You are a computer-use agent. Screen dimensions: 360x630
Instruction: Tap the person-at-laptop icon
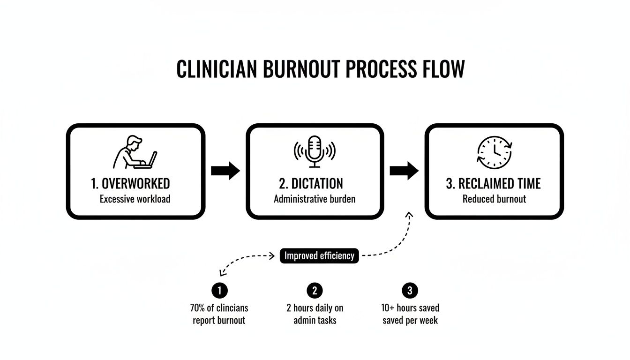click(135, 152)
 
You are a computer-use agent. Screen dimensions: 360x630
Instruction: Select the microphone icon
click(315, 151)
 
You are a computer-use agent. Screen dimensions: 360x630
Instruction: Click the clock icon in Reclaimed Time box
click(494, 152)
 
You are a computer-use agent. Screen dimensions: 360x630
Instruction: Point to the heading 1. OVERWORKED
click(130, 183)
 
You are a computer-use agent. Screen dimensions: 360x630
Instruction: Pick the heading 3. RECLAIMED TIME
click(493, 183)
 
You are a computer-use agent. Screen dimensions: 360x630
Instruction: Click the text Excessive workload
click(135, 199)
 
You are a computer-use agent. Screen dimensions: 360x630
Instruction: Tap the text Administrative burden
click(315, 199)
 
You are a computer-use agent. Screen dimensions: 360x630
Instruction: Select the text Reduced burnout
click(494, 199)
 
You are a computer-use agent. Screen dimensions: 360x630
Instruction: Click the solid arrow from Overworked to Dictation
click(225, 171)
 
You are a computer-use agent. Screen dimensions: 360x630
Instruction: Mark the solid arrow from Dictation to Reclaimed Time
click(404, 171)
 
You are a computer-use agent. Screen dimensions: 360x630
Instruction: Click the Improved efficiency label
click(319, 256)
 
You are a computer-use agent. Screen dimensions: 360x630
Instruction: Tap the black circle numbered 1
click(219, 291)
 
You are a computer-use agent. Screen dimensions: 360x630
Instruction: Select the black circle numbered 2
click(315, 291)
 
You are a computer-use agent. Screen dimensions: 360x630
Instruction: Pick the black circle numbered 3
click(410, 291)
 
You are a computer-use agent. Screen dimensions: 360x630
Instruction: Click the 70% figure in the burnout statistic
click(198, 308)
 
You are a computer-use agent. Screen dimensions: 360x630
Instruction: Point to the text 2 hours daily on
click(315, 308)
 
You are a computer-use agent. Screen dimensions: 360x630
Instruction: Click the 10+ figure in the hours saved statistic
click(388, 308)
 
